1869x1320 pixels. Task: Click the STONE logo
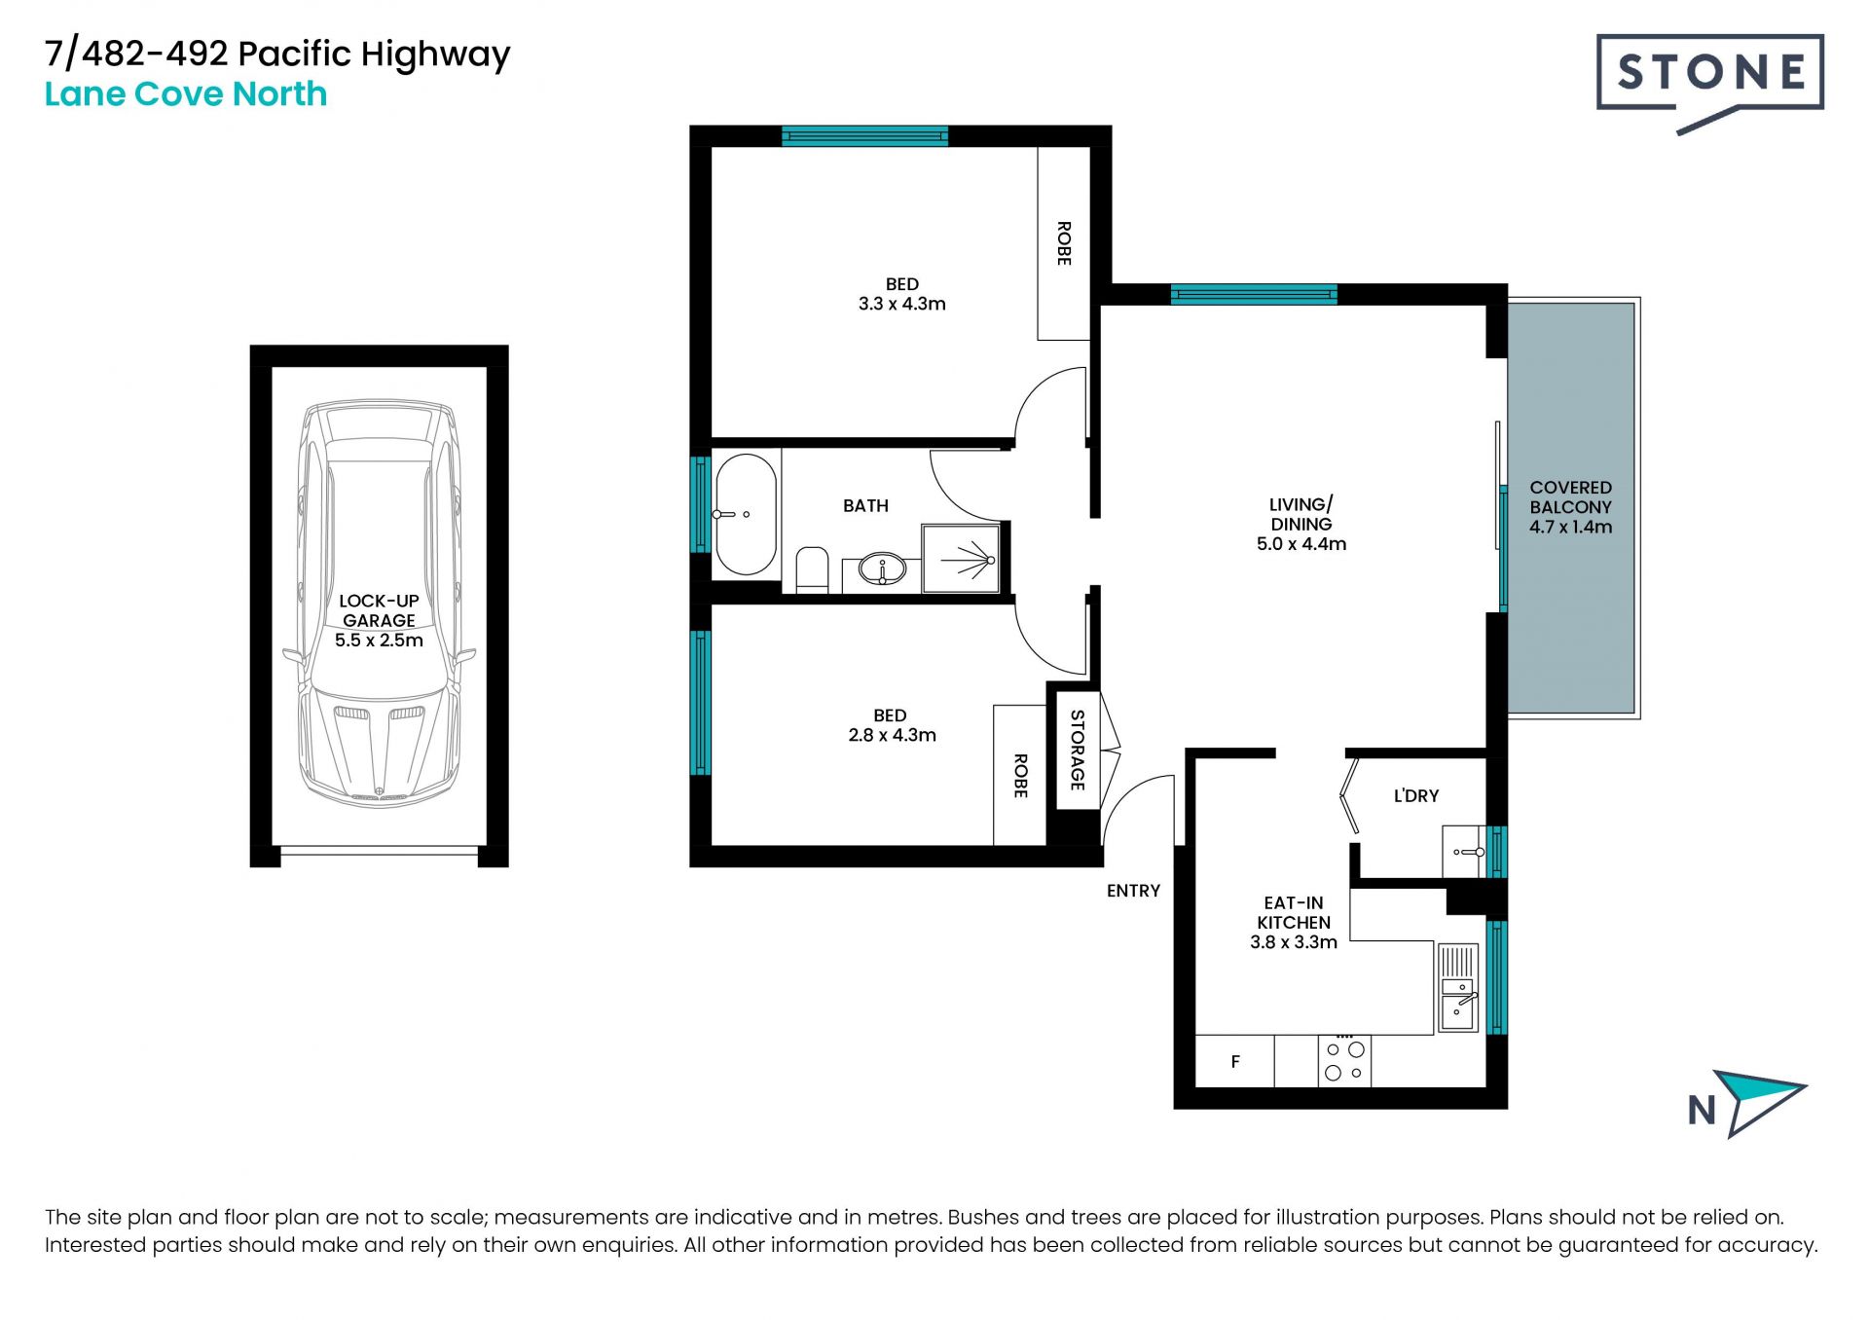click(1709, 84)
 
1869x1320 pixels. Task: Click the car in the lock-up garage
click(380, 604)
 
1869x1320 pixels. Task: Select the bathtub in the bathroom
click(746, 514)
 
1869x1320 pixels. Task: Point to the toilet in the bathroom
click(812, 570)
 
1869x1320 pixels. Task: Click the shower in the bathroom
click(961, 559)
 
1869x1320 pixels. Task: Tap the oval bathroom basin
click(882, 569)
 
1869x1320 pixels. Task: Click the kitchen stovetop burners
click(1344, 1060)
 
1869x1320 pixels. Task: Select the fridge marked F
click(1234, 1061)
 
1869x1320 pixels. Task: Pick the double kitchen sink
click(1457, 987)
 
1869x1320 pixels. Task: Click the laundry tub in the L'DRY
click(1464, 851)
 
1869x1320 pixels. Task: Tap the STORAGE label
click(1078, 750)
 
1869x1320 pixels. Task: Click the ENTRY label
click(1133, 891)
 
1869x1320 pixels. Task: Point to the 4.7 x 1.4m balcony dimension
click(1570, 527)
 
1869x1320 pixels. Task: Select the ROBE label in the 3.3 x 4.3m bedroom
click(1064, 243)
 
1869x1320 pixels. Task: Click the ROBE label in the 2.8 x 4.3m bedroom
click(1020, 776)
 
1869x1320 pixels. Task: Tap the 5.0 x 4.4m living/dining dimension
click(1301, 544)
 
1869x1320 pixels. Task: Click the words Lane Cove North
click(186, 94)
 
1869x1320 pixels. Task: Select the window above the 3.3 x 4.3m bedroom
click(864, 136)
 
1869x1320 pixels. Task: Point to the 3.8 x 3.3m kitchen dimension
click(1294, 942)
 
